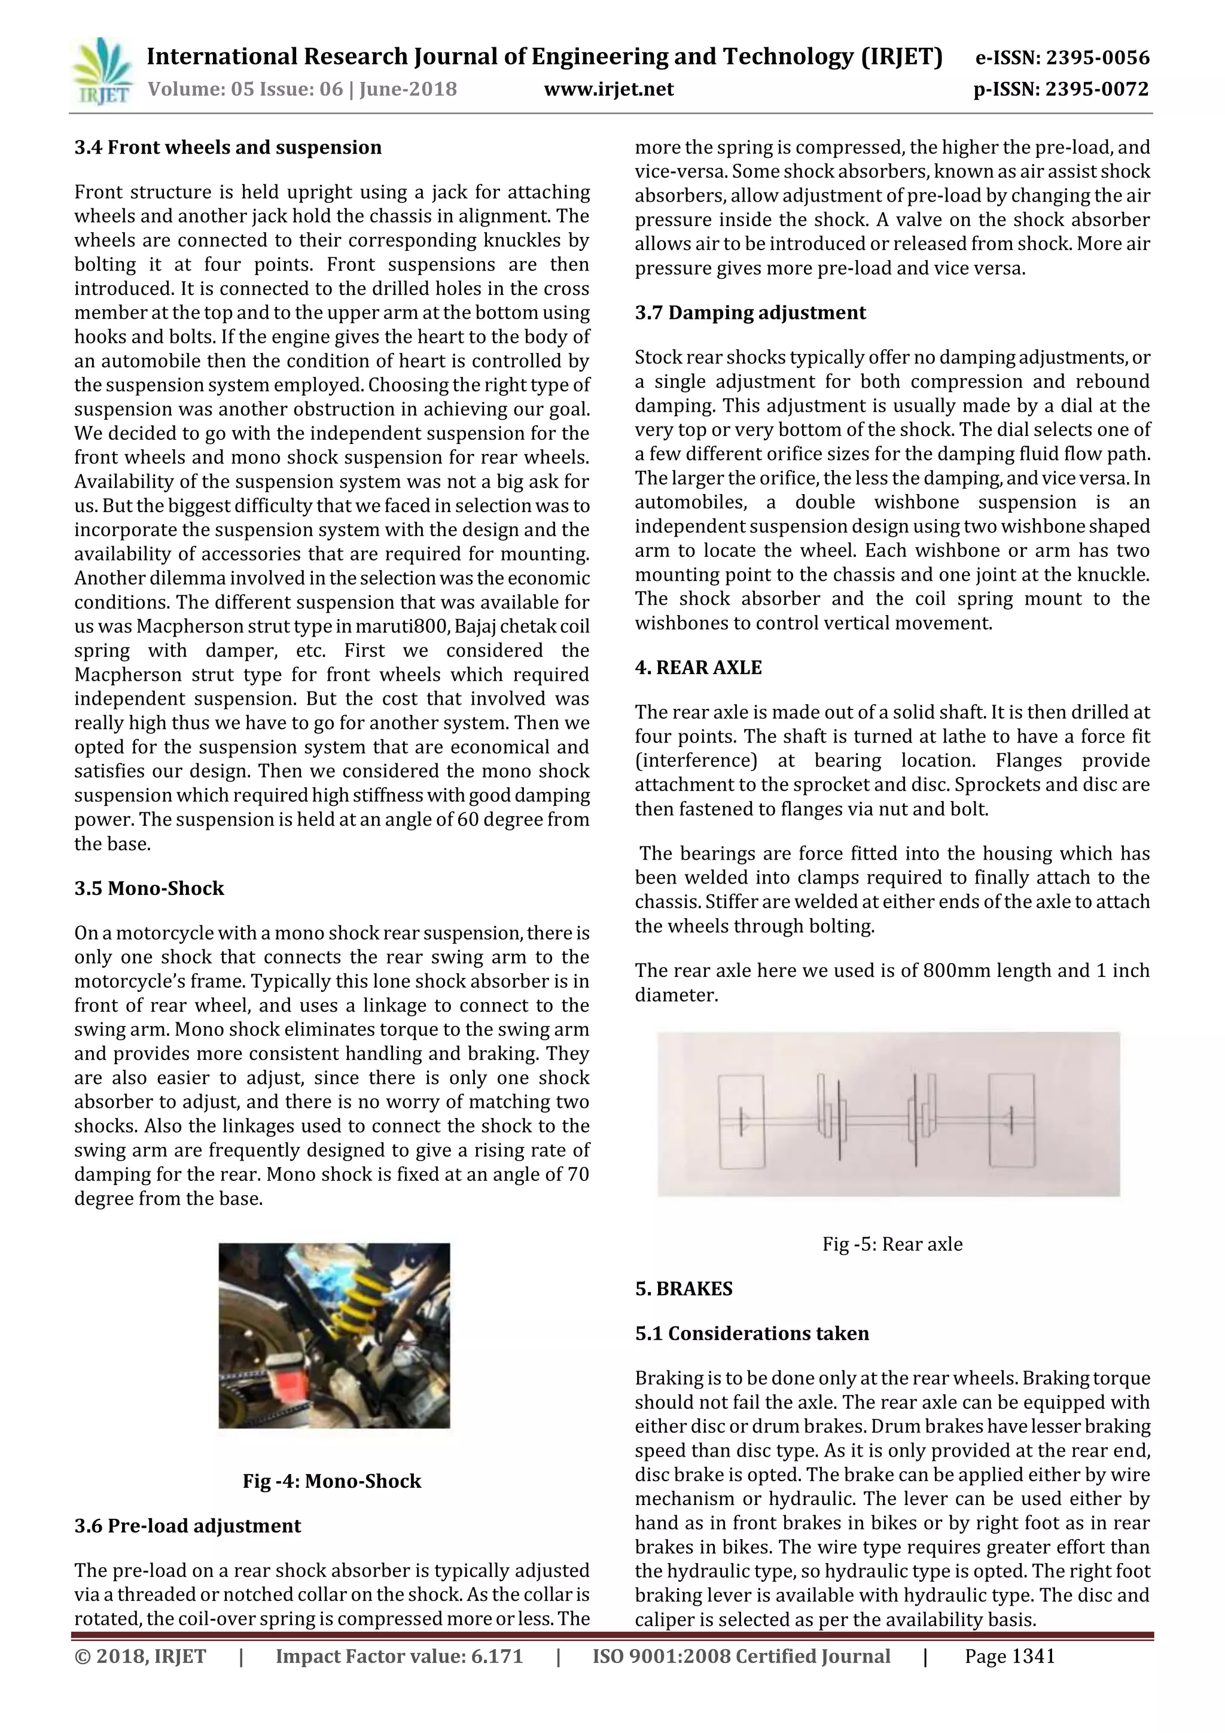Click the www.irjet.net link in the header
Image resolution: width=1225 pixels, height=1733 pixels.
608,90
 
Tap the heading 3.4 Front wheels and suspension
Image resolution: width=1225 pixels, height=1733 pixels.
228,147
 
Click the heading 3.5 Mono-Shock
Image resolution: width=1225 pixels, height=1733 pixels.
150,888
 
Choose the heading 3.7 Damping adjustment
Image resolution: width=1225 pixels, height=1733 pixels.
750,312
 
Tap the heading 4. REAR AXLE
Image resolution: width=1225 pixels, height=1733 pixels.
698,667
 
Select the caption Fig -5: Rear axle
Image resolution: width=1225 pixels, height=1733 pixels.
892,1244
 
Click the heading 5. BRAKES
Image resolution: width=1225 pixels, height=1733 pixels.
684,1289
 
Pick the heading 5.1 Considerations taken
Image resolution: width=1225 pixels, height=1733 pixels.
752,1333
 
